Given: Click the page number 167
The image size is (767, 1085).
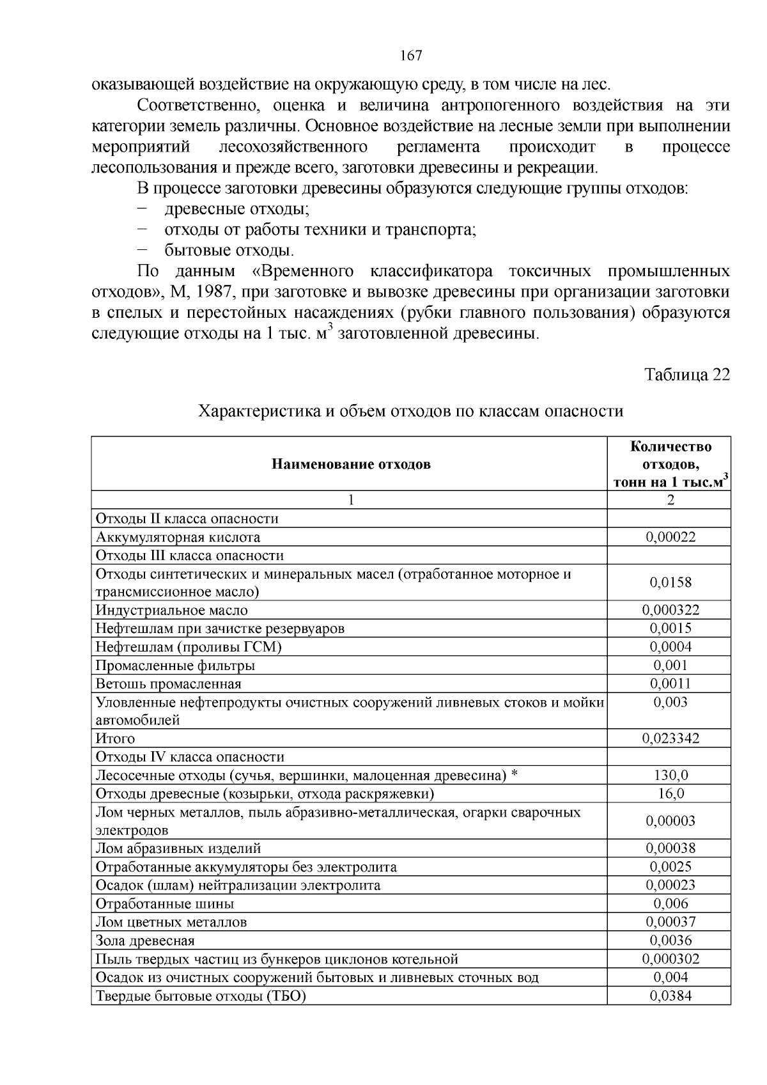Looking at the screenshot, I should point(411,56).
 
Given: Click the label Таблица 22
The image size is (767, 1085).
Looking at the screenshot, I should point(687,375).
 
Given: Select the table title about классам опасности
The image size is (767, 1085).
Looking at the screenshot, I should point(411,411).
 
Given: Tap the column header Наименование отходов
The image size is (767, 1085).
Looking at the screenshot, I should point(351,464).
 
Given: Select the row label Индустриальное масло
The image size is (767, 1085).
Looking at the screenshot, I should point(171,610).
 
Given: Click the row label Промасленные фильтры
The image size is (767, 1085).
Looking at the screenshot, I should point(175,666).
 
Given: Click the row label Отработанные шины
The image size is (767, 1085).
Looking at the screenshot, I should point(165,904).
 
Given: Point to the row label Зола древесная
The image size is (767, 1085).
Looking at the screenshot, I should point(145,941).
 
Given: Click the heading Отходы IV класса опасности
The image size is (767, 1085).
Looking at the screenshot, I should point(190,757).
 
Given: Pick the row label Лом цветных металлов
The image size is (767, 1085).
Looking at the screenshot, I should point(171,922).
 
